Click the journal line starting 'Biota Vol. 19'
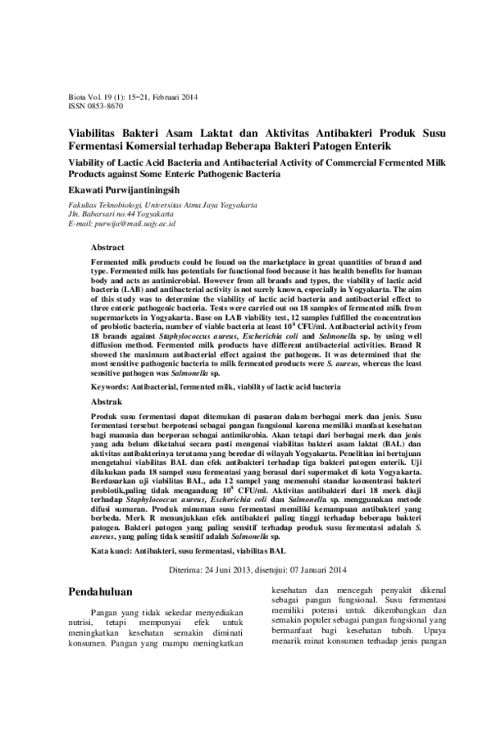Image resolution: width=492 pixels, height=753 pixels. tap(130, 96)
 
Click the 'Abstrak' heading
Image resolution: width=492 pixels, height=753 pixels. tap(107, 402)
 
